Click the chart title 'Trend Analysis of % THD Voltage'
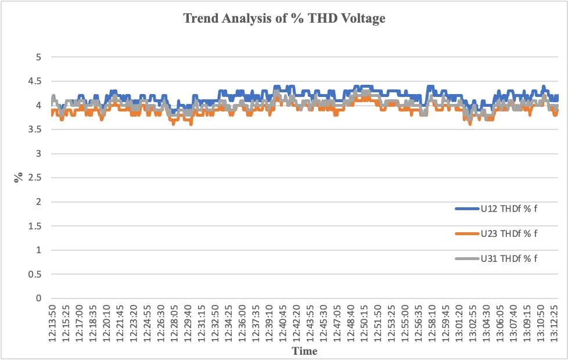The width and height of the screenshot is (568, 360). point(284,19)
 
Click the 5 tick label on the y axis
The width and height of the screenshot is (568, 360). point(39,57)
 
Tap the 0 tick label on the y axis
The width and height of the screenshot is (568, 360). point(39,298)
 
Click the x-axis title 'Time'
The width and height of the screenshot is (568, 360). point(304,351)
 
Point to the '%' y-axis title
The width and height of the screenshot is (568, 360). point(19,178)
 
